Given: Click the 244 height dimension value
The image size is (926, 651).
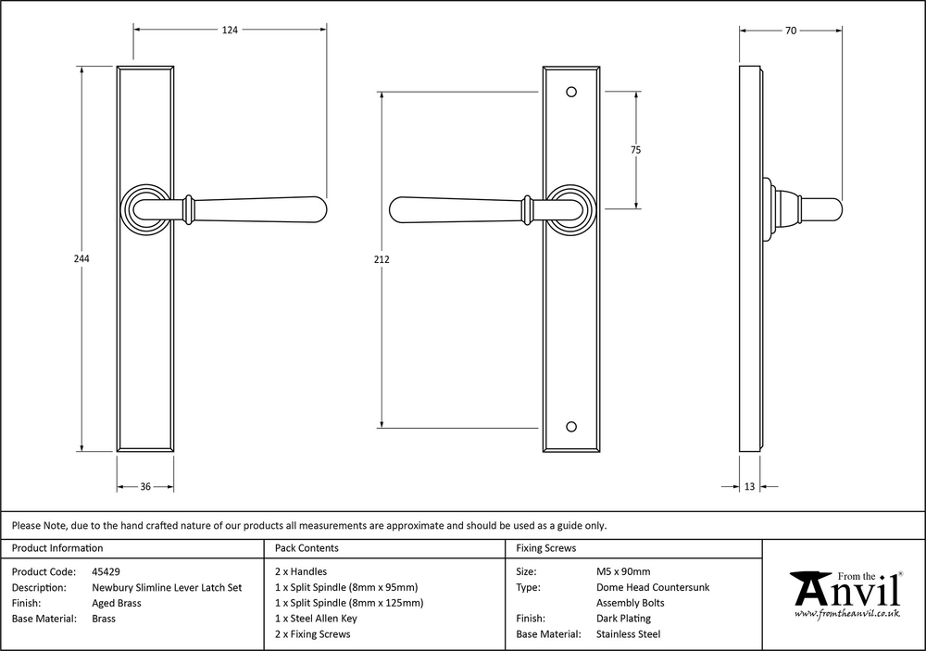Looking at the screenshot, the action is [81, 258].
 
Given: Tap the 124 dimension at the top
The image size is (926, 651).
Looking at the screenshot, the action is [230, 30].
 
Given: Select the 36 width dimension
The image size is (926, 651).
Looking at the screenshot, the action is [145, 487].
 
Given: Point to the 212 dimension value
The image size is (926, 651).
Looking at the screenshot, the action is [382, 258].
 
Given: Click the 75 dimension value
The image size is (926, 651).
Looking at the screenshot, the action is [635, 150].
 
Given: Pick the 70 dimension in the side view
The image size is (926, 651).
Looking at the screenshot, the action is [791, 31].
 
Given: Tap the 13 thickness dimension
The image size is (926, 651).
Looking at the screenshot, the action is [749, 487].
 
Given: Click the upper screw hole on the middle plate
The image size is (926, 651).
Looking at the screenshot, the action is [571, 93].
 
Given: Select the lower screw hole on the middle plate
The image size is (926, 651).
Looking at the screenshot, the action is [571, 427].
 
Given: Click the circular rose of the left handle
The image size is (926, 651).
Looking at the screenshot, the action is [145, 208].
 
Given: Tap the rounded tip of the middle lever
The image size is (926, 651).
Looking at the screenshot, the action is [391, 209].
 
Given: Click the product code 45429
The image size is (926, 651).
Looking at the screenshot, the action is [106, 572].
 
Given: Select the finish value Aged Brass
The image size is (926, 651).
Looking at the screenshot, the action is [117, 603].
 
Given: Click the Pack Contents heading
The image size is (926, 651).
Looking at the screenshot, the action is [307, 548].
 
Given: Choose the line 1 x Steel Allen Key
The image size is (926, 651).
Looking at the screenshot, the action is [316, 619].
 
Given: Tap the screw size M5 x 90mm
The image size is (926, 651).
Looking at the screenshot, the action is [623, 572].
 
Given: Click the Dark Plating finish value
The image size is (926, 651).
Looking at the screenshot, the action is [623, 619].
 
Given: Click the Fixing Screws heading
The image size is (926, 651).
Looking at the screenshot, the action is [545, 548].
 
